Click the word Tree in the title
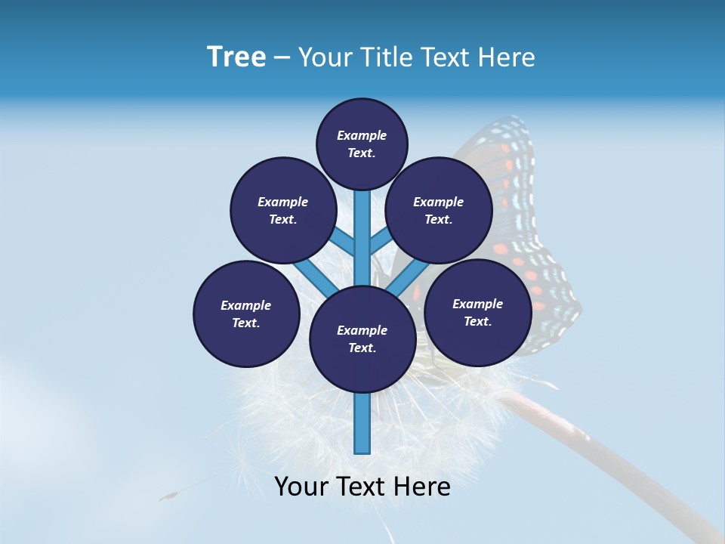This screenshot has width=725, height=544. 236,57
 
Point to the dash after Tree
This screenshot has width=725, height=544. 282,58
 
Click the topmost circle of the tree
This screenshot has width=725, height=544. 362,144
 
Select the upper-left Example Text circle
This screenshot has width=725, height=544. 282,210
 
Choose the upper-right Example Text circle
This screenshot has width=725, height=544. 438,210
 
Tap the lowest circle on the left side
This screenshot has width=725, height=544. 246,314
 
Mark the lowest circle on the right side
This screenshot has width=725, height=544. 477,312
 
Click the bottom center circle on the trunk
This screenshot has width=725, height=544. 362,338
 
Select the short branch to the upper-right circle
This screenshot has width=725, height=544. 380,242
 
